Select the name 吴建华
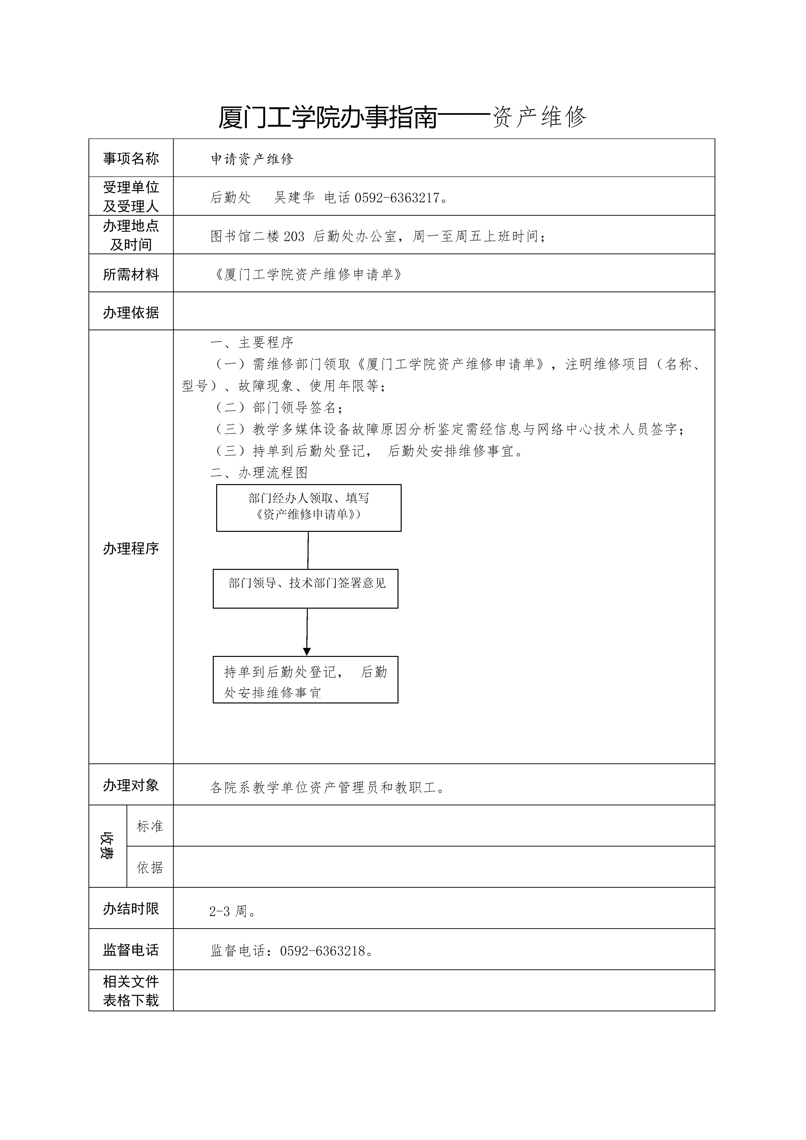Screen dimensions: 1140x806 (294, 198)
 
